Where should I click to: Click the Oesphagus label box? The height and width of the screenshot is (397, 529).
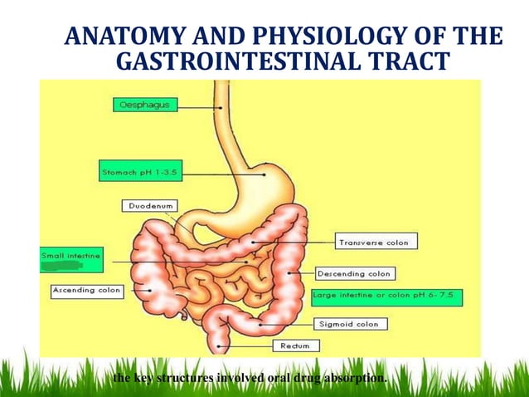pos(145,105)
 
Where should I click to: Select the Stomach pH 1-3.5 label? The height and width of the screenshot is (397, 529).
pos(138,173)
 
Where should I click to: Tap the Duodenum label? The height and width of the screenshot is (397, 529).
pos(148,205)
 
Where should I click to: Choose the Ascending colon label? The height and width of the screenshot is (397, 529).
pos(87,291)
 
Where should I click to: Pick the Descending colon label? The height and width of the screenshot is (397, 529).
pos(355,273)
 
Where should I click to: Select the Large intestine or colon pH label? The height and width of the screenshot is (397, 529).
pos(386,296)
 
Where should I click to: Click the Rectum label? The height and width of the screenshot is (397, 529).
pos(294,345)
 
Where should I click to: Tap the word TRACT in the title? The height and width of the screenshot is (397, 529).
pos(411,62)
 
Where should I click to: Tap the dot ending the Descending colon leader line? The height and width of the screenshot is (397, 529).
pos(289,271)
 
